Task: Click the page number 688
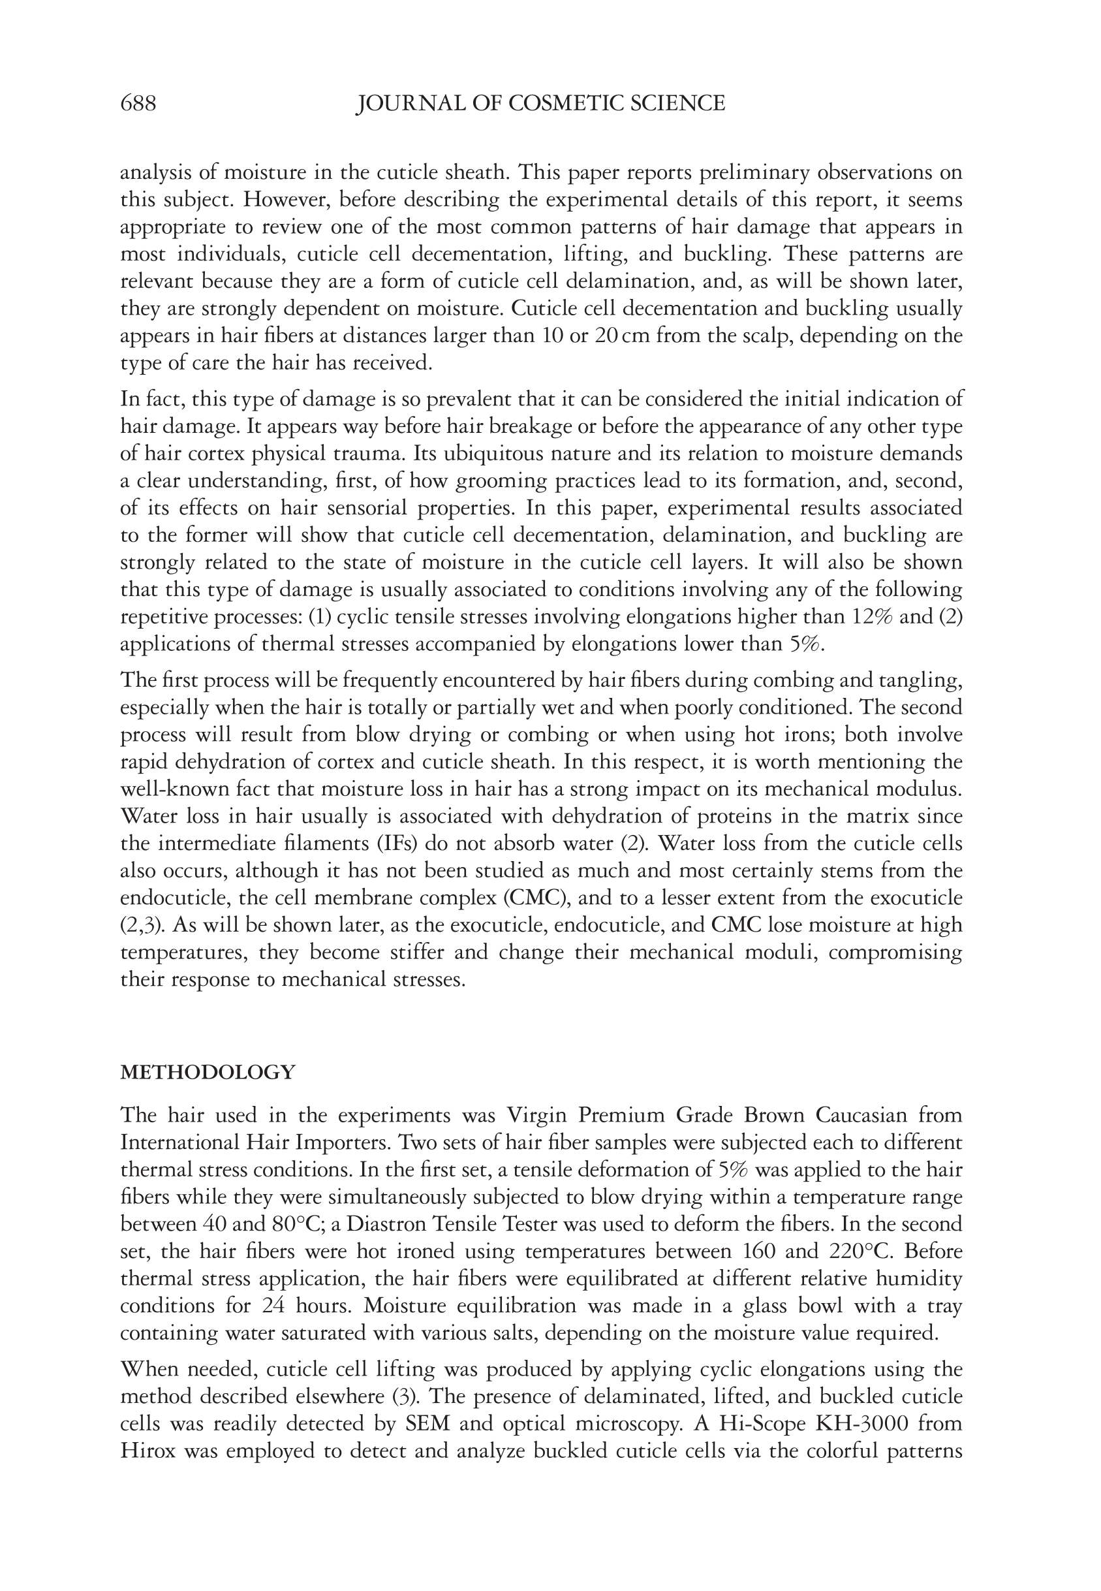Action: click(138, 104)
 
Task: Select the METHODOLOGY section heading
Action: click(208, 1072)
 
